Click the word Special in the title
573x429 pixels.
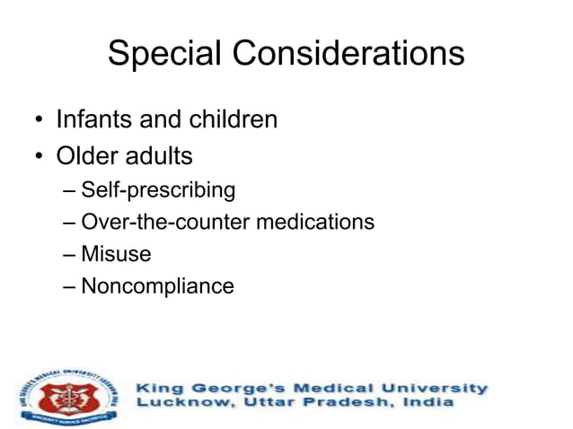165,54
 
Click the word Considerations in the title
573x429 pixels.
348,54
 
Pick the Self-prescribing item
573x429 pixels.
158,190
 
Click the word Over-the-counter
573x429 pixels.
166,222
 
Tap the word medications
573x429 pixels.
315,222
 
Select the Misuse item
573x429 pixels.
116,254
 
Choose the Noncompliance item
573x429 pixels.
157,286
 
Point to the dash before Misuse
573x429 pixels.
71,255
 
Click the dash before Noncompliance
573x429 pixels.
71,287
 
